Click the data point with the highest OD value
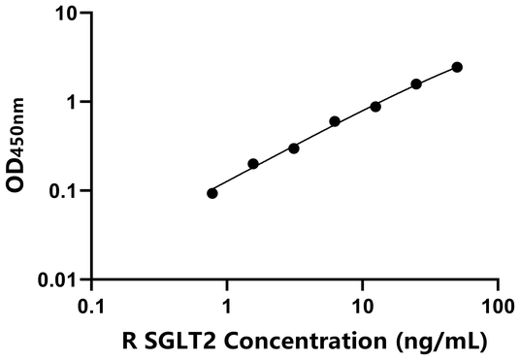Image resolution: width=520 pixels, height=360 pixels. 457,67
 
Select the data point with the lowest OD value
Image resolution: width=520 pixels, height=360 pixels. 212,193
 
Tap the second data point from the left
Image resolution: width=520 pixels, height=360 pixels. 253,164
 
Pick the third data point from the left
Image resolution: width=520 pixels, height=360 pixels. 294,148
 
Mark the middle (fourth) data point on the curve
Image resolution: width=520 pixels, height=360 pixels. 335,121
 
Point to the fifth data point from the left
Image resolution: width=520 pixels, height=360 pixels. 375,106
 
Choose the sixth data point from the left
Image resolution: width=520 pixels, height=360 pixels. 416,83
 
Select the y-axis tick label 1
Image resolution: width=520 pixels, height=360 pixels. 74,102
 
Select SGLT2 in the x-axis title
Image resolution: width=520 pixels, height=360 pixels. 173,341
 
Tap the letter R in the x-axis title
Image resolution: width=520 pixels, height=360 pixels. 129,341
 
